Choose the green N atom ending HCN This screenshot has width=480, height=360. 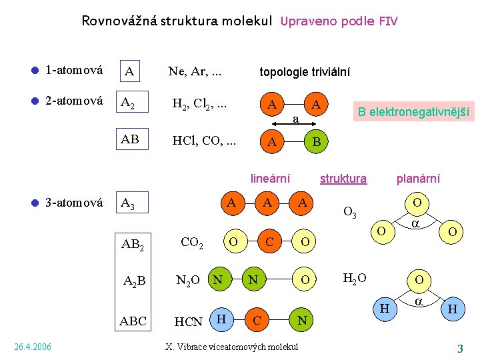[302, 321]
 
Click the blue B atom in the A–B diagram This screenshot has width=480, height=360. [317, 141]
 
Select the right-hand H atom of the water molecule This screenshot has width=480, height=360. [452, 309]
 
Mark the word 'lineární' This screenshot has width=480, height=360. [270, 178]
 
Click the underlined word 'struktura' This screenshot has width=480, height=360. [343, 178]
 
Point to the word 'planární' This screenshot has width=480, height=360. [418, 178]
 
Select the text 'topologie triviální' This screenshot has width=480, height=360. [305, 72]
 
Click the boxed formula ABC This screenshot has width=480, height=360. [133, 321]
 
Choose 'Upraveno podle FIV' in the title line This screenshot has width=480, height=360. [339, 21]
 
